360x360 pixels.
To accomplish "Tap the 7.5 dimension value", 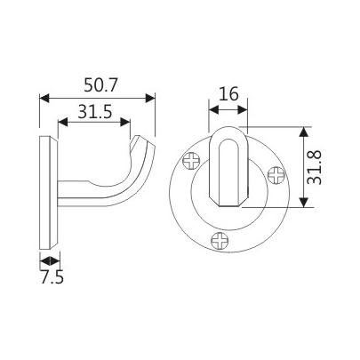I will [x=52, y=276].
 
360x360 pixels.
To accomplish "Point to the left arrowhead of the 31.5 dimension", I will [x=63, y=124].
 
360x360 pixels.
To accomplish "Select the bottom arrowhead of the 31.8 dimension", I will [x=305, y=203].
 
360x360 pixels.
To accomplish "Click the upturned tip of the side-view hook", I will [x=141, y=145].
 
